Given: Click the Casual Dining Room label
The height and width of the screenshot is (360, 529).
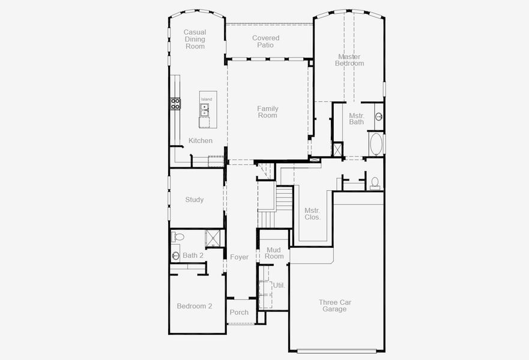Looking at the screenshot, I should [x=194, y=39].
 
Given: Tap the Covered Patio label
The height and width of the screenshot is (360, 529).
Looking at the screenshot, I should [x=265, y=41].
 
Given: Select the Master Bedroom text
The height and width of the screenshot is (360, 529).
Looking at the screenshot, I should [x=349, y=60].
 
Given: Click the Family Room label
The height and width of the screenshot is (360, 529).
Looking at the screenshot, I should [x=268, y=112].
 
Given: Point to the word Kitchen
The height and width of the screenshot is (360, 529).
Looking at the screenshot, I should [x=201, y=140].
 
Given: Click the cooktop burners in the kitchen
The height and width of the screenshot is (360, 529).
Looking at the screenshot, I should [x=176, y=104].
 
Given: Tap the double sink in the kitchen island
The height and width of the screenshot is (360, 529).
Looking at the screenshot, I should [x=205, y=110].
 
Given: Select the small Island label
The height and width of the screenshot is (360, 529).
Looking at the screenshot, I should [x=206, y=99].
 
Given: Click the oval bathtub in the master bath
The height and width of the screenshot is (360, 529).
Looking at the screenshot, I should [x=376, y=144].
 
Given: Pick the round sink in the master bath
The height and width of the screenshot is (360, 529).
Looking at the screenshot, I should [x=379, y=116].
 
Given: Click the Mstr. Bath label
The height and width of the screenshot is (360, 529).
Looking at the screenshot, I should [x=357, y=118].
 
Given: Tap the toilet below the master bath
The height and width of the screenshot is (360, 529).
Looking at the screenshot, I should [x=375, y=182].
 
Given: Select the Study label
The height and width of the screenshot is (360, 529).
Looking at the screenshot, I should [x=194, y=200].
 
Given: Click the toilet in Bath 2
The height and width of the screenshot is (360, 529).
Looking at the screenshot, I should [x=177, y=236].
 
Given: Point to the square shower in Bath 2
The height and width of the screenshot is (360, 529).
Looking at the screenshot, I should [x=213, y=238].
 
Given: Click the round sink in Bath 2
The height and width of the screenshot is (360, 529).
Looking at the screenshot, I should [x=175, y=256].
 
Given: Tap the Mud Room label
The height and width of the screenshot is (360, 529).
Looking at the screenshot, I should [x=274, y=253].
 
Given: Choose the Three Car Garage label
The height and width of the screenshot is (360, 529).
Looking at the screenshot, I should [x=334, y=305].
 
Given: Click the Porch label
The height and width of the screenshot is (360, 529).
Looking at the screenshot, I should [x=239, y=312].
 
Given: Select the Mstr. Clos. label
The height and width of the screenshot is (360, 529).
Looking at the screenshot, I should [x=312, y=214].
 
